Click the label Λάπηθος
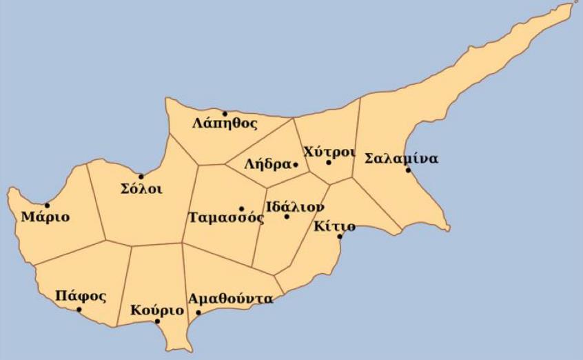pyautogui.click(x=225, y=124)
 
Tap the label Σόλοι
pyautogui.click(x=141, y=189)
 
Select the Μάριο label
pyautogui.click(x=45, y=217)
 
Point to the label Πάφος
pyautogui.click(x=81, y=297)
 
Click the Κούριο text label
pyautogui.click(x=157, y=310)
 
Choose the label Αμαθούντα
pyautogui.click(x=230, y=299)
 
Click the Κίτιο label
pyautogui.click(x=334, y=226)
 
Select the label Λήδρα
pyautogui.click(x=267, y=165)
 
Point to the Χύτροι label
pyautogui.click(x=329, y=152)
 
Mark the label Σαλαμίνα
pyautogui.click(x=400, y=158)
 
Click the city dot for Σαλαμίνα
pyautogui.click(x=408, y=170)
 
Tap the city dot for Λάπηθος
pyautogui.click(x=224, y=113)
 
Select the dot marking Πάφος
pyautogui.click(x=79, y=310)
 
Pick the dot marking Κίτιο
pyautogui.click(x=339, y=237)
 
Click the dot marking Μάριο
pyautogui.click(x=47, y=205)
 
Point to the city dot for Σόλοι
pyautogui.click(x=141, y=177)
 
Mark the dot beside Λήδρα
pyautogui.click(x=295, y=164)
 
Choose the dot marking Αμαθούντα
pyautogui.click(x=198, y=312)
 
